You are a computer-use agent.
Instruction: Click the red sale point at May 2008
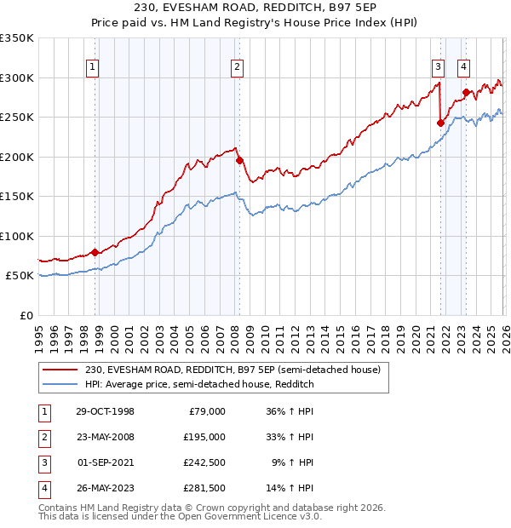click(x=239, y=160)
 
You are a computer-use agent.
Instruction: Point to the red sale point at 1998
click(x=95, y=252)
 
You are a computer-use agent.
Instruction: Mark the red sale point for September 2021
click(x=440, y=123)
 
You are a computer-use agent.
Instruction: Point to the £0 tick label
click(x=26, y=315)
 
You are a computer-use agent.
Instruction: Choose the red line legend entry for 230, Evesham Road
click(x=238, y=370)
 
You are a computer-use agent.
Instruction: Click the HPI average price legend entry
click(x=199, y=384)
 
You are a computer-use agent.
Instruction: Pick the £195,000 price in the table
click(x=205, y=437)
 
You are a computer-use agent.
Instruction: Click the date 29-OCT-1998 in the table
click(x=104, y=411)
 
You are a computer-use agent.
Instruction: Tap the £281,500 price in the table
click(x=205, y=488)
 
